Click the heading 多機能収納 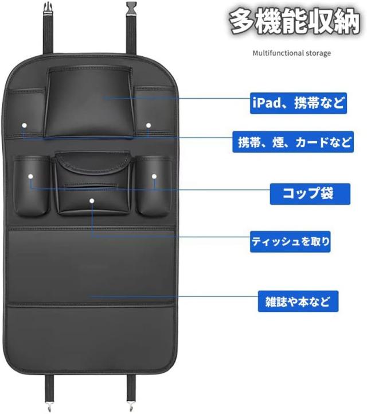point(294,22)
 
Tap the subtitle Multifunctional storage point(292,53)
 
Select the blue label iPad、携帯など point(298,103)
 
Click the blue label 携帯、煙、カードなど point(293,142)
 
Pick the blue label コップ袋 point(310,194)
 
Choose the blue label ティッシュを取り point(290,241)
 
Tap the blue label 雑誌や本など point(298,301)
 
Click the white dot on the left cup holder point(31,176)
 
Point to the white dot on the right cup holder point(154,176)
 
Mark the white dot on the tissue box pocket point(92,201)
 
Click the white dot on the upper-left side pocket point(24,125)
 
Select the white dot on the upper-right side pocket point(149,125)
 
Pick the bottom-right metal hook point(131,406)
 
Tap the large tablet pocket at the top point(89,102)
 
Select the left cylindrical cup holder point(31,186)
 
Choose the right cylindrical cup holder point(154,186)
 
